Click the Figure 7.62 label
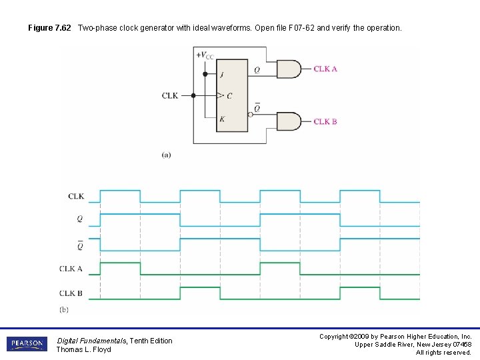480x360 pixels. pos(51,28)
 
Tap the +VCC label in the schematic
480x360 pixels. pos(205,55)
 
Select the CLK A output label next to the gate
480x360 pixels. pos(325,69)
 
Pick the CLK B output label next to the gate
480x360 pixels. pos(325,121)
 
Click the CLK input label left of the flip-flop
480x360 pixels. pos(170,95)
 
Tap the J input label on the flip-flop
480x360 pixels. pos(222,74)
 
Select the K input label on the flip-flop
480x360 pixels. pos(222,119)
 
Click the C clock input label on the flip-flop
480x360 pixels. pos(229,96)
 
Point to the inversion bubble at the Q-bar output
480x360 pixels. pos(250,114)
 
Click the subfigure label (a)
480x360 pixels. pos(166,155)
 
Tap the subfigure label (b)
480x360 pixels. pos(64,309)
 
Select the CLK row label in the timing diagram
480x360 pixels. pos(76,196)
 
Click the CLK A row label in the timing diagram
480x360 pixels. pos(71,269)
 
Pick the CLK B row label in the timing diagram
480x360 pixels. pos(71,293)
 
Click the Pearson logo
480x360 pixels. pos(27,344)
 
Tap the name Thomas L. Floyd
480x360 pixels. pos(83,350)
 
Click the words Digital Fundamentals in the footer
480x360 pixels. pos(91,341)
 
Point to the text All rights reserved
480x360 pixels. pos(443,353)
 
